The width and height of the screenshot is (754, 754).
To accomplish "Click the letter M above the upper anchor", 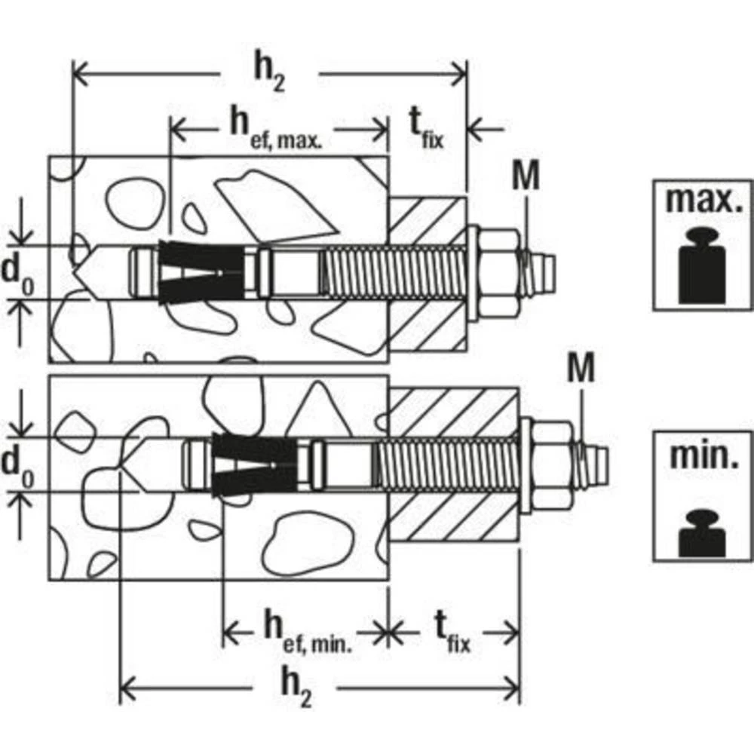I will [526, 176].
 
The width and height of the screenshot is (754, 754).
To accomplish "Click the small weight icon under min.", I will [703, 534].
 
